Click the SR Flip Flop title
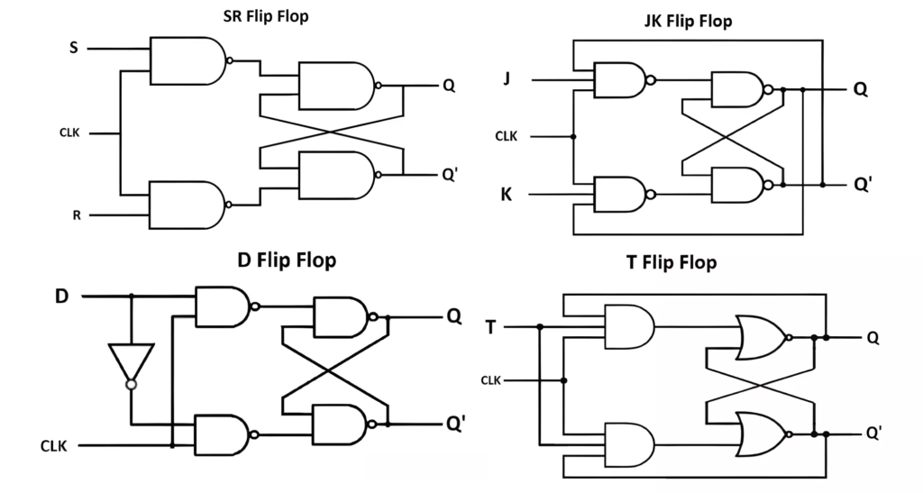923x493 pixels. (265, 16)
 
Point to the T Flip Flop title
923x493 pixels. (671, 263)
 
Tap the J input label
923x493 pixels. (507, 79)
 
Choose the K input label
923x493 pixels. (507, 194)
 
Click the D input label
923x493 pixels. (61, 296)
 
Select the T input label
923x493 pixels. (490, 326)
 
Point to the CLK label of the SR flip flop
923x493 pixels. (69, 133)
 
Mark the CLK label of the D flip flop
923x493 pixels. (56, 445)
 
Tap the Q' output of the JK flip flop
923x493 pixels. (862, 184)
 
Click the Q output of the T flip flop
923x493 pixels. (873, 338)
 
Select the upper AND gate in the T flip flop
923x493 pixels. (628, 325)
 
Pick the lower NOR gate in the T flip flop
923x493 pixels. (761, 434)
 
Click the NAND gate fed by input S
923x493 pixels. (188, 61)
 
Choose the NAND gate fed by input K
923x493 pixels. (617, 194)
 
